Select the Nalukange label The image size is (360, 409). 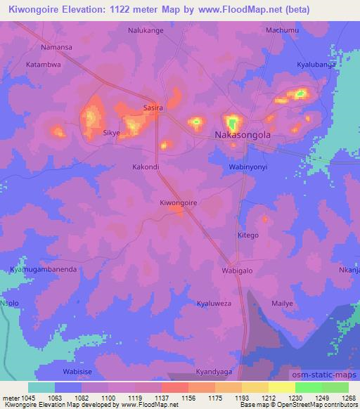[146, 31]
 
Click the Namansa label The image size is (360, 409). [57, 46]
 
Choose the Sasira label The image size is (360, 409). [153, 108]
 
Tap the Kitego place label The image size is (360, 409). [248, 235]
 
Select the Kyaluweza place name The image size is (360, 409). [214, 303]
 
